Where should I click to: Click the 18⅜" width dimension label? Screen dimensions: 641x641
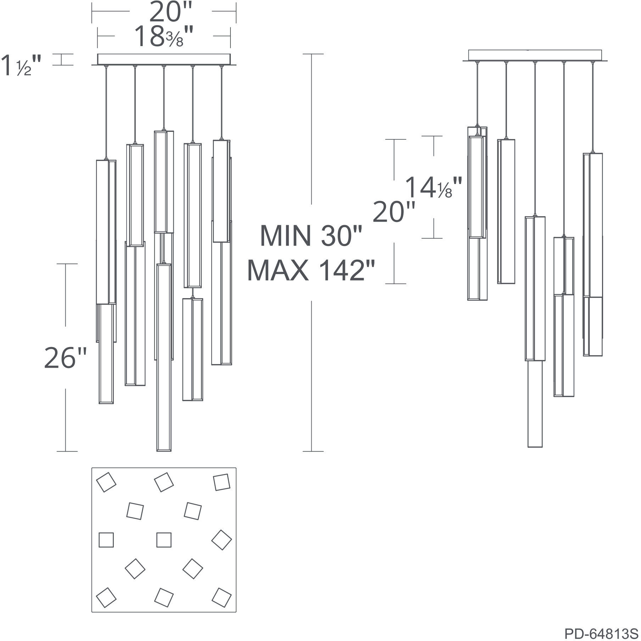(x=164, y=37)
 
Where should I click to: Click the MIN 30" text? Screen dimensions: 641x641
(x=311, y=236)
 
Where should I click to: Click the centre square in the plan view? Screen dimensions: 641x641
(x=164, y=540)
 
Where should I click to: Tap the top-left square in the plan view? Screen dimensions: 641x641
(x=106, y=482)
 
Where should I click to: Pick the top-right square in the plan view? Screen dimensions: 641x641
(x=222, y=482)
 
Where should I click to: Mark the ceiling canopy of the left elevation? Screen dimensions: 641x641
(x=164, y=59)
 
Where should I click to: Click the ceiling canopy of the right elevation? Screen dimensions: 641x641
(x=535, y=55)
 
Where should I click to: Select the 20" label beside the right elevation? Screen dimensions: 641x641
(x=394, y=212)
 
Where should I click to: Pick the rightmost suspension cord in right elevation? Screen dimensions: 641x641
(x=592, y=106)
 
